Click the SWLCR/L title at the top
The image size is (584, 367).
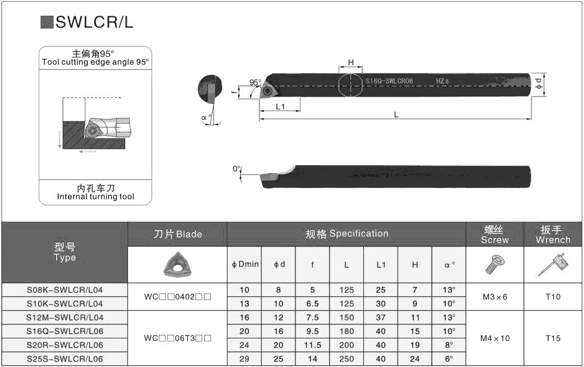(94, 22)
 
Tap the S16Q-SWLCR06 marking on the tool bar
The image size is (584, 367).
(389, 81)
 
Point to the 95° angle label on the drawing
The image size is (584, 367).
(255, 82)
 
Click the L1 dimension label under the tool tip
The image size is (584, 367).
(280, 107)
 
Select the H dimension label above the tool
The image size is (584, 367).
(351, 62)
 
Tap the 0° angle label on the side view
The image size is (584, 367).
(237, 169)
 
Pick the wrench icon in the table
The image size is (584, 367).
(553, 265)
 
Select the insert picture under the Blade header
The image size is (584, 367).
(177, 264)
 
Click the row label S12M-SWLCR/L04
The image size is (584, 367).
(65, 318)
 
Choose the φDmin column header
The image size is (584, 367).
(245, 264)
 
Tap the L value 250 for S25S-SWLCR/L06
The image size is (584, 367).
(346, 359)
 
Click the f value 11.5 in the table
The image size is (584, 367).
(312, 345)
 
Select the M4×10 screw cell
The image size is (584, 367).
(495, 338)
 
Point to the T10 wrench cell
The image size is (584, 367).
(553, 297)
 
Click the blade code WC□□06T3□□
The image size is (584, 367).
(177, 338)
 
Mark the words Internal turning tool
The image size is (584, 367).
(95, 196)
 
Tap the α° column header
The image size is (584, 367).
(449, 265)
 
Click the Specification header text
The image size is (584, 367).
(359, 233)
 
